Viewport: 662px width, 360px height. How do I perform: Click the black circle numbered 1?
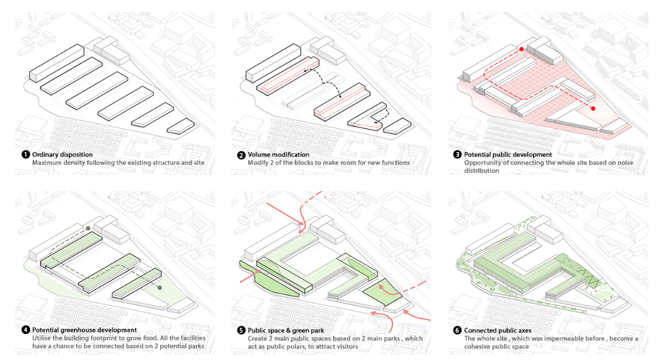[x=25, y=155]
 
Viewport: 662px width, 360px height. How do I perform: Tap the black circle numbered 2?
[x=241, y=155]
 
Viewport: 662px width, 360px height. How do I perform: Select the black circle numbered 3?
[x=457, y=155]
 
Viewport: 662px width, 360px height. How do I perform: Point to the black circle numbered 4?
[x=25, y=331]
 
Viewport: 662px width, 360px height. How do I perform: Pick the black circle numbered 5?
[x=241, y=331]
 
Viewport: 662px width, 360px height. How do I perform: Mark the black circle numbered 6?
[x=457, y=331]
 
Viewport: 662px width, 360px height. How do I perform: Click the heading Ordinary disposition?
[x=62, y=155]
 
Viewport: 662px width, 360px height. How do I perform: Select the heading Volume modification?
[x=279, y=155]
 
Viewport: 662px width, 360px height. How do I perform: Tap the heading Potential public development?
[x=508, y=155]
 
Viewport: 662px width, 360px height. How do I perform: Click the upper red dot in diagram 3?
[x=522, y=50]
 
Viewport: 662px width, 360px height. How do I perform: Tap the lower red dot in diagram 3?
[x=593, y=108]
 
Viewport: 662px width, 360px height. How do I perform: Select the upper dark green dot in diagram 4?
[x=88, y=229]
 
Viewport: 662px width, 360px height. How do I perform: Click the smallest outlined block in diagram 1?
[x=181, y=126]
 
